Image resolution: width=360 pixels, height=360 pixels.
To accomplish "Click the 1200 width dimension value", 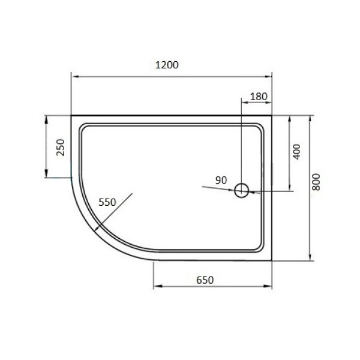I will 167,65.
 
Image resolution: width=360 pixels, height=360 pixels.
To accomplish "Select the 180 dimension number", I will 257,96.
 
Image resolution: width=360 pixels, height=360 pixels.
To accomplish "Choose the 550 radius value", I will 107,202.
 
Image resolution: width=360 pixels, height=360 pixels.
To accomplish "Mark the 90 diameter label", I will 220,180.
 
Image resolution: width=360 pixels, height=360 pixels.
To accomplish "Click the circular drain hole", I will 241,191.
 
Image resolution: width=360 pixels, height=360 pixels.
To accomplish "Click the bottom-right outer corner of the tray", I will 271,260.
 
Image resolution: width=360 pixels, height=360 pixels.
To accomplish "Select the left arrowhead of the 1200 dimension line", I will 74,76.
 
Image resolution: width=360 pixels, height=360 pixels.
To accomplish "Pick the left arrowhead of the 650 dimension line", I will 156,286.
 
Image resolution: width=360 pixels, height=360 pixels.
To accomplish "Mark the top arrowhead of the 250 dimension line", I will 46,117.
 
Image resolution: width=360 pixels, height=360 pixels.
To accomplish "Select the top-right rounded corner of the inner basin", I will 259,128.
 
